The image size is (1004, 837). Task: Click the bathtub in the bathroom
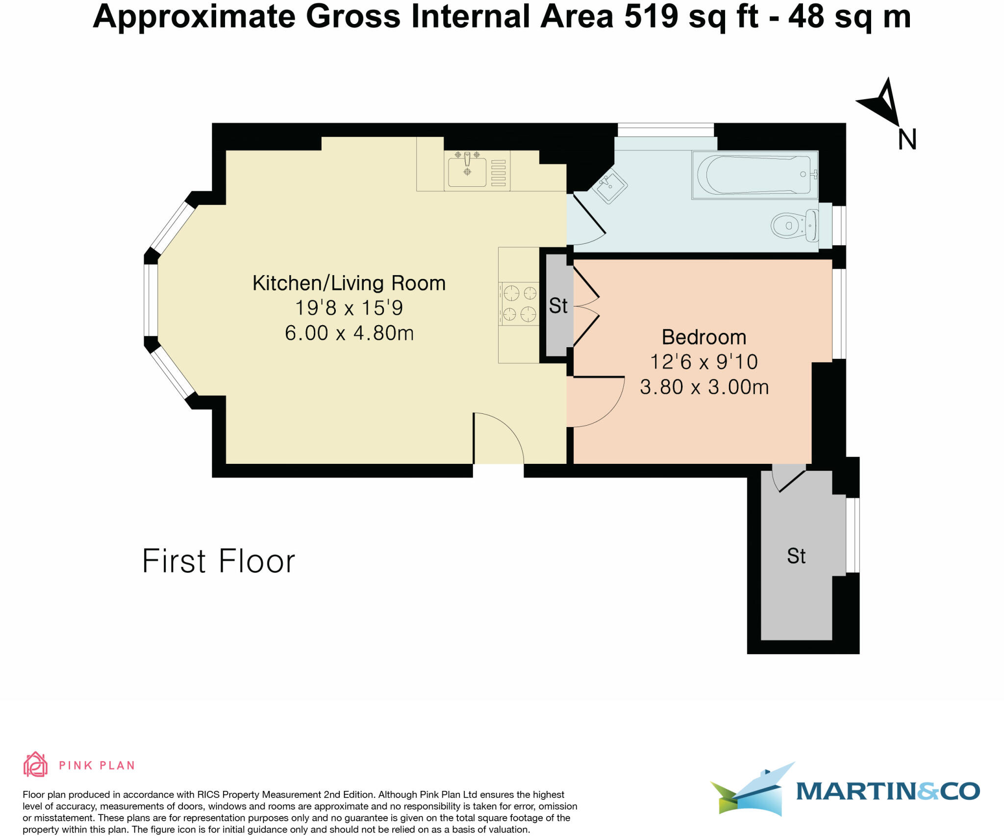click(x=754, y=175)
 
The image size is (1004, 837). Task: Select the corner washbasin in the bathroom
click(x=609, y=186)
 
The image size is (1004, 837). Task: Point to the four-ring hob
click(x=519, y=304)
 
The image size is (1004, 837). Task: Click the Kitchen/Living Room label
click(x=349, y=283)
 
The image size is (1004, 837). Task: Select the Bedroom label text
click(x=703, y=337)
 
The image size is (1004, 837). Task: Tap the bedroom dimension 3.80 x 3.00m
click(x=704, y=387)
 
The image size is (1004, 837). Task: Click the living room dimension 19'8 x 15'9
click(x=349, y=308)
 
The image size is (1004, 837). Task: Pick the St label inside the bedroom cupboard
click(x=558, y=306)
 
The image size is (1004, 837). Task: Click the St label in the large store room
click(x=796, y=556)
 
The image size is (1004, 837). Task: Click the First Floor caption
click(x=218, y=561)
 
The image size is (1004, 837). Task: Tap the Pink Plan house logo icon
click(x=35, y=764)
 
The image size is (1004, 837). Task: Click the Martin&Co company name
click(x=887, y=791)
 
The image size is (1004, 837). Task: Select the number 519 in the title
click(x=651, y=17)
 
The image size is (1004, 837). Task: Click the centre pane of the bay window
click(x=151, y=300)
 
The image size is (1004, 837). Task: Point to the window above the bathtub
click(x=665, y=130)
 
